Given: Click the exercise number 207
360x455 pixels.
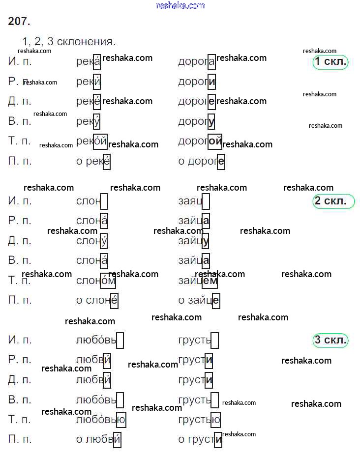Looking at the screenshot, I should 19,21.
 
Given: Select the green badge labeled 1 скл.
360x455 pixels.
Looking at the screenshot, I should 330,61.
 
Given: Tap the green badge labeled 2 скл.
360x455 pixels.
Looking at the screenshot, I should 333,200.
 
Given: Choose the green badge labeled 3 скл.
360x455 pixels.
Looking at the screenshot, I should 330,340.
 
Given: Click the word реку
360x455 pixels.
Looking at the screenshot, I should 89,121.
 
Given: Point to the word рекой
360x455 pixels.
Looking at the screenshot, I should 91,141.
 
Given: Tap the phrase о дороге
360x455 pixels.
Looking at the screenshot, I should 201,161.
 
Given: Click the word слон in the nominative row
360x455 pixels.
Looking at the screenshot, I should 89,201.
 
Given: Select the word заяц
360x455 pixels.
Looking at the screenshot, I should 191,201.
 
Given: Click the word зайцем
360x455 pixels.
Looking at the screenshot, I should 198,281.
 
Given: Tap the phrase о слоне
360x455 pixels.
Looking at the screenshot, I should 97,300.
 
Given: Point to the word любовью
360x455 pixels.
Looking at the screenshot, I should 101,420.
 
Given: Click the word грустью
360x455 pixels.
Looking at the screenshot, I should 199,420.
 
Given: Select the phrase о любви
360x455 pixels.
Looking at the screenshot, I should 98,439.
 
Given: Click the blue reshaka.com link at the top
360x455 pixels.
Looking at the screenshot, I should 180,5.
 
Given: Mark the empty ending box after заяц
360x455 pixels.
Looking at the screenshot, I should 206,201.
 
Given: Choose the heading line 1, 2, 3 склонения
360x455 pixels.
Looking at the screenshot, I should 69,41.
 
